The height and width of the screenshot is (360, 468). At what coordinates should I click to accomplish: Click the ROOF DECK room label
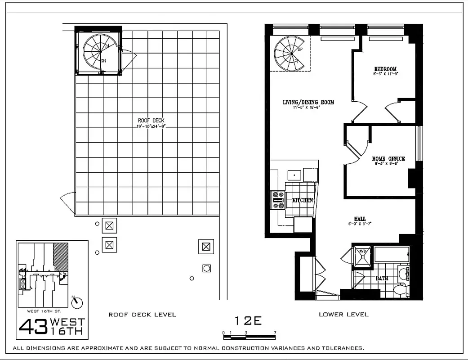[151, 120]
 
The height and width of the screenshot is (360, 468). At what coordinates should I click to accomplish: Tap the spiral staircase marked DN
[100, 52]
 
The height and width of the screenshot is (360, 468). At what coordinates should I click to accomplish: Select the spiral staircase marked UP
[290, 53]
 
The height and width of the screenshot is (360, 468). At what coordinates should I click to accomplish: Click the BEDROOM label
[385, 69]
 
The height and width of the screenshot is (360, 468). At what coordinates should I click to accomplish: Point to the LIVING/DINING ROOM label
[308, 102]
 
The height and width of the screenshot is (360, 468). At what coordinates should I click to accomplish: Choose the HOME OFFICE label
[388, 159]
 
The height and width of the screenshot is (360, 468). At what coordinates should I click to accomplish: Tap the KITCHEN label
[303, 200]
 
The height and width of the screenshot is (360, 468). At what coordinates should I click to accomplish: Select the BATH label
[382, 278]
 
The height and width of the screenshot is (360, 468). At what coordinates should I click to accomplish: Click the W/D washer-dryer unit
[361, 256]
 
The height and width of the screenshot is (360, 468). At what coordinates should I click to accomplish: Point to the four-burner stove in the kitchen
[278, 200]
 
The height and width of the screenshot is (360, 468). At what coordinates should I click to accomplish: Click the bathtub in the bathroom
[391, 254]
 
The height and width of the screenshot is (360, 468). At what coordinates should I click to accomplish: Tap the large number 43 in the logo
[33, 328]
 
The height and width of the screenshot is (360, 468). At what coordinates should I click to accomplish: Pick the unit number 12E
[248, 321]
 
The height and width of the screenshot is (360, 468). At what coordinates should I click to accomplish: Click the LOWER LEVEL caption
[343, 314]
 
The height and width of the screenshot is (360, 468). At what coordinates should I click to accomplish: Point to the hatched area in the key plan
[60, 257]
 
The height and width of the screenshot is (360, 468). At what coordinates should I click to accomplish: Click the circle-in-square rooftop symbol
[206, 268]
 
